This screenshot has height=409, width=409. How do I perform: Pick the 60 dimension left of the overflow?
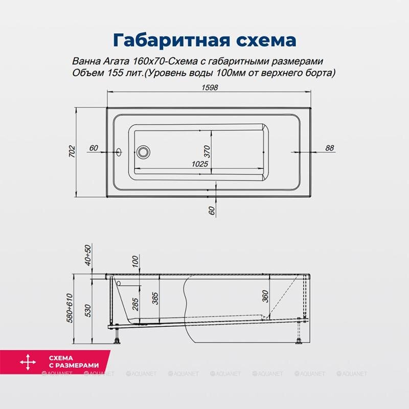[x=93, y=148]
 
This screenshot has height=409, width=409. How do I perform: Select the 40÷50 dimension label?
[x=88, y=255]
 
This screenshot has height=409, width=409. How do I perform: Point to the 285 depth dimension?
[x=135, y=305]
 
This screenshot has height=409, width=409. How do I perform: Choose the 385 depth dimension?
[x=155, y=298]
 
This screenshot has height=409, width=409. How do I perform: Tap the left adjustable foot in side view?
[x=118, y=338]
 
